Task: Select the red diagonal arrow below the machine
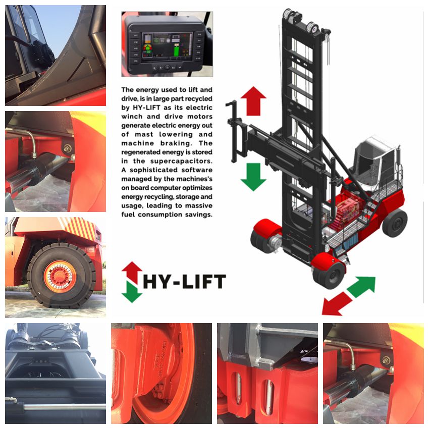click(x=337, y=304)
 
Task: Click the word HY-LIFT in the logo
click(x=184, y=282)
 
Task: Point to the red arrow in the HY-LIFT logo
click(x=132, y=272)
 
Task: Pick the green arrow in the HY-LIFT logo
click(x=132, y=292)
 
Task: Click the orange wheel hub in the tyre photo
click(x=60, y=277)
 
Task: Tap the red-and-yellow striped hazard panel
click(x=81, y=228)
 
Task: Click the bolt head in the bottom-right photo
click(x=386, y=360)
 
